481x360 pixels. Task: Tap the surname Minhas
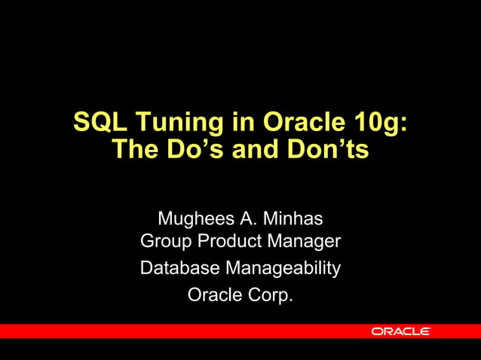[x=295, y=219]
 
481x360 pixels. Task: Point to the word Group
[x=165, y=243]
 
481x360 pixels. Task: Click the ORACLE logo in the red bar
[x=400, y=331]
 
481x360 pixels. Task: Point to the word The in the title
[x=133, y=150]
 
